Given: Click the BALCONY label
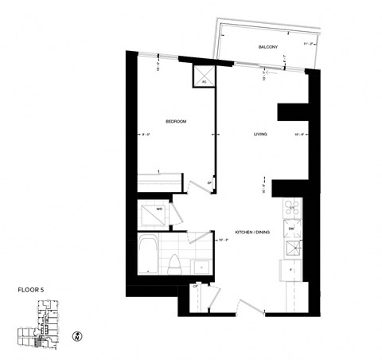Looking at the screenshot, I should [x=267, y=48].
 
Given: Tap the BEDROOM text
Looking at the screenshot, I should [x=176, y=121].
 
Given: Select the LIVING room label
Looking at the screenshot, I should [x=260, y=135].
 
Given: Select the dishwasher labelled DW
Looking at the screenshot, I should [x=291, y=229].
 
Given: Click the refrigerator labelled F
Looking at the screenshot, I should [x=290, y=272].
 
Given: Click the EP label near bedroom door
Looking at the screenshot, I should [x=209, y=185].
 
